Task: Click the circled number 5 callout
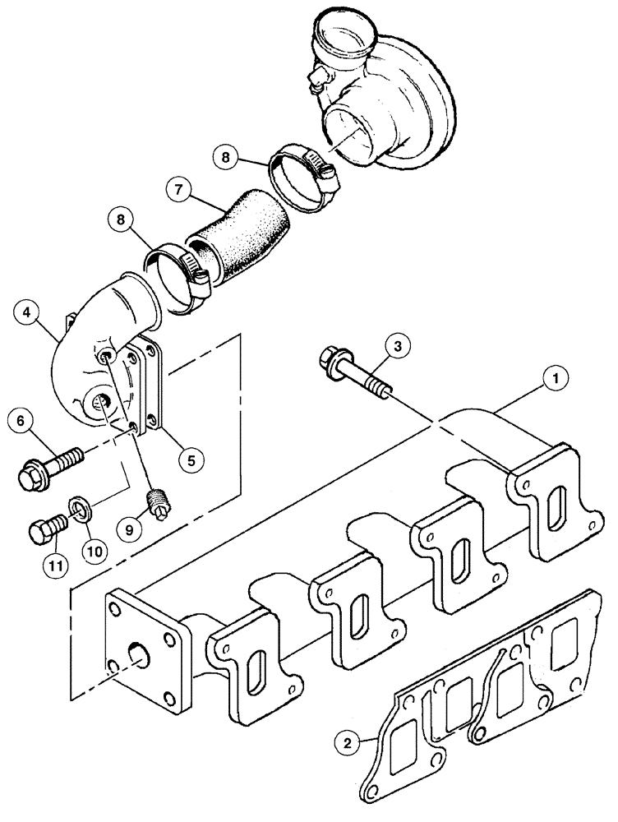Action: (191, 459)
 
